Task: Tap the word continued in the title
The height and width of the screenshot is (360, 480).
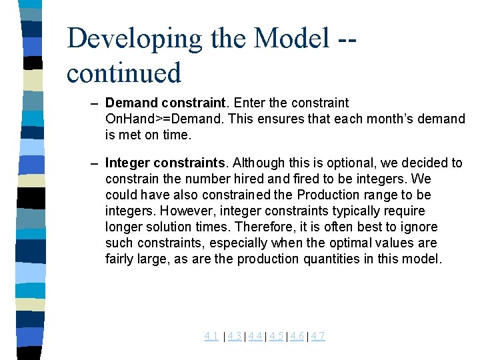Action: [123, 73]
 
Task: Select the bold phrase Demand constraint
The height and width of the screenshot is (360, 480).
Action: [166, 103]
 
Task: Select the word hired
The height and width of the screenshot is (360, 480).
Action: [265, 179]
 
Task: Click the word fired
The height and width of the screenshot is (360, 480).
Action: [316, 179]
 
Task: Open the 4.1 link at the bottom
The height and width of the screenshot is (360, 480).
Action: [211, 336]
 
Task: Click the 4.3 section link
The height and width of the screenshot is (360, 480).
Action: [234, 336]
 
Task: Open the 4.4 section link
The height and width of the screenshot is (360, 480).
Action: [255, 336]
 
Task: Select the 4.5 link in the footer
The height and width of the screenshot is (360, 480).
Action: [277, 336]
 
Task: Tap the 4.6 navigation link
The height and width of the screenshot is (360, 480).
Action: [297, 336]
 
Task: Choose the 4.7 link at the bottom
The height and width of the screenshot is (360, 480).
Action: [318, 336]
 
